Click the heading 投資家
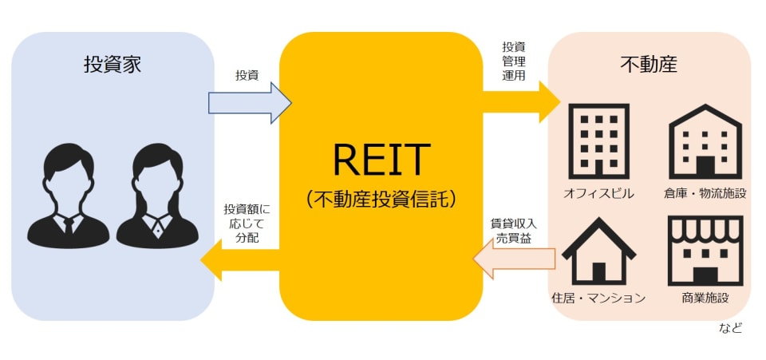(113, 65)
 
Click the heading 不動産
(648, 65)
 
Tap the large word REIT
(381, 160)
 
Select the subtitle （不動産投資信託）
(381, 199)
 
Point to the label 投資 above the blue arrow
(247, 75)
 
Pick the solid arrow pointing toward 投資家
(239, 260)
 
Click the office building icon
(598, 140)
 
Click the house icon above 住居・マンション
(598, 249)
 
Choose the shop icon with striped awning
(705, 249)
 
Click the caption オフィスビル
(598, 194)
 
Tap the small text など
(731, 327)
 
